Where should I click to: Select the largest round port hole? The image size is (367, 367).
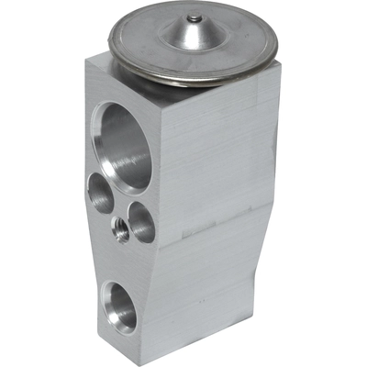126,145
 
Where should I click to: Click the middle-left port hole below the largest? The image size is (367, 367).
100,193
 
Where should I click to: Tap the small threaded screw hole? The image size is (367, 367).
120,231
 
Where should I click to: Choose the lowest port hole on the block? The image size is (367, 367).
120,306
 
